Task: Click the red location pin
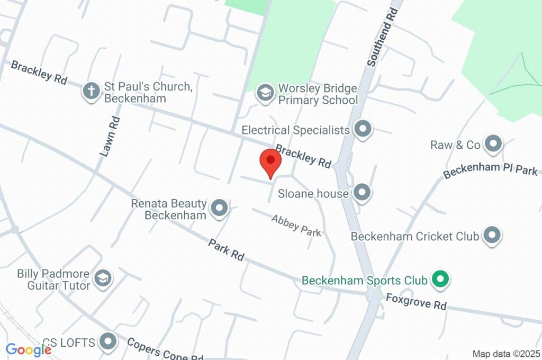[x=270, y=161]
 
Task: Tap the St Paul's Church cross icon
[x=92, y=92]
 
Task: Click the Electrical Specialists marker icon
[x=363, y=129]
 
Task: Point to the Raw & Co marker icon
[x=493, y=144]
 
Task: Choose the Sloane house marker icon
[x=362, y=193]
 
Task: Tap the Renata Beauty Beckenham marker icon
[x=219, y=209]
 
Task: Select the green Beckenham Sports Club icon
[x=439, y=279]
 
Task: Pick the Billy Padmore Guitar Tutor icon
[x=103, y=278]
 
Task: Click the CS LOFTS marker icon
[x=109, y=342]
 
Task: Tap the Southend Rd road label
[x=381, y=36]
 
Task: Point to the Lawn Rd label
[x=110, y=136]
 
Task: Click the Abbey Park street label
[x=296, y=225]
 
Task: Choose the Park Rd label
[x=226, y=249]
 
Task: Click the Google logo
[x=29, y=349]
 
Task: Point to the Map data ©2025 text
[x=507, y=354]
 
